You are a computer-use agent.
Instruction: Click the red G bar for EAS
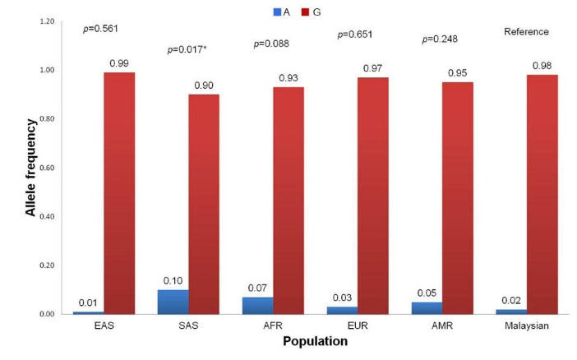119,193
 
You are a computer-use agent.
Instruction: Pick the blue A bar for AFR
257,305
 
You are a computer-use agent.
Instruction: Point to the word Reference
526,32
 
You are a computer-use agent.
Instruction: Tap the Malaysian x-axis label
526,326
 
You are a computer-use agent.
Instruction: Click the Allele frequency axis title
31,167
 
